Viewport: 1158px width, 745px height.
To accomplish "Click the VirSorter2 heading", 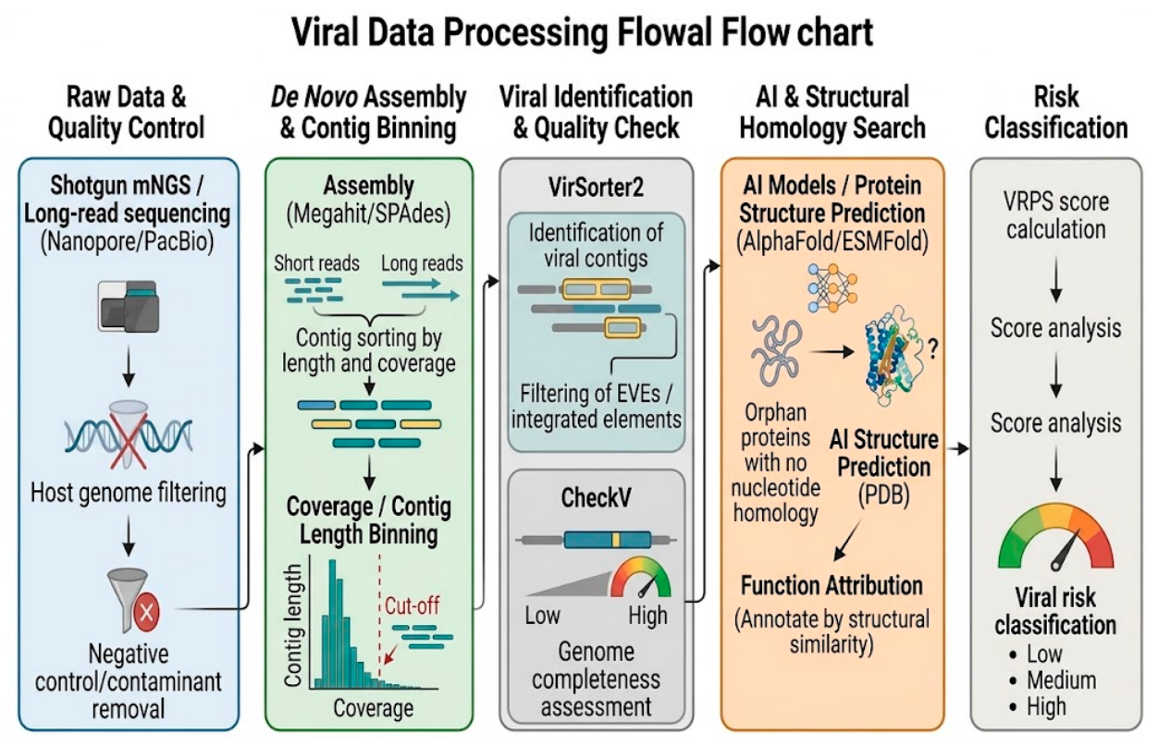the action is [x=596, y=188].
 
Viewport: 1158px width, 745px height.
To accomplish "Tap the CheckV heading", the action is [x=596, y=497].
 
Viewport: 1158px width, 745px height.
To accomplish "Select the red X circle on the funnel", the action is [x=146, y=612].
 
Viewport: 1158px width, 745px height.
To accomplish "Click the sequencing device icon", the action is [x=129, y=306].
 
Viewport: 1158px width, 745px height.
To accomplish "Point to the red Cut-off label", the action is [x=413, y=605].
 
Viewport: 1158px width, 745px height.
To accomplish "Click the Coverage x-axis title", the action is [x=374, y=708].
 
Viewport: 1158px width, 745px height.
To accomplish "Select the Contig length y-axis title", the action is [x=293, y=626].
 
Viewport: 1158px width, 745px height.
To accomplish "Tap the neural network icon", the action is [x=832, y=287].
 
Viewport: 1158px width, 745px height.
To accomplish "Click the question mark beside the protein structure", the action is [x=932, y=349].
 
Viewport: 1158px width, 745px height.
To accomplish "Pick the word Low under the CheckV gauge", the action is [x=542, y=616].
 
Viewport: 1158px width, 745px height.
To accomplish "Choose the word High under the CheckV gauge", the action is [x=647, y=616].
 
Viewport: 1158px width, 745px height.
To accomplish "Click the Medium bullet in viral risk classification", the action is [x=1054, y=680].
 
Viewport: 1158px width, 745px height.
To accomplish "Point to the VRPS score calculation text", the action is [x=1055, y=215].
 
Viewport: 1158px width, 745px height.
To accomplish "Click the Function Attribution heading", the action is [x=832, y=585].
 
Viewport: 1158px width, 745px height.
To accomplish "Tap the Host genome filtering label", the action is [x=129, y=493].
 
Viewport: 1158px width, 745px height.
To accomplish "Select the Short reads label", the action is [x=316, y=263].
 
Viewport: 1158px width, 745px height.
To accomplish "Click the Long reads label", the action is [x=422, y=263].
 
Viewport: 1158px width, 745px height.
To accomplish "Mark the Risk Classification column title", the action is [x=1055, y=112].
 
